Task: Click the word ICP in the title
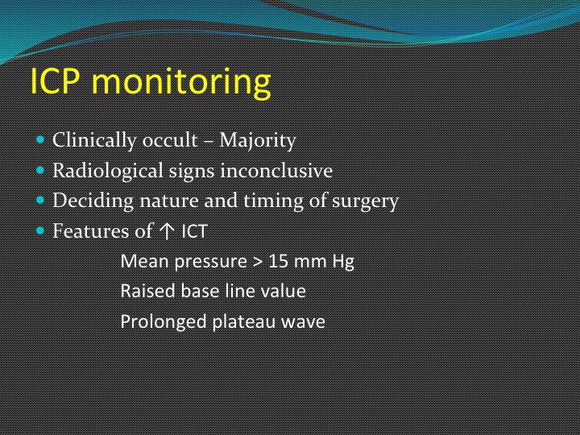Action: pos(55,81)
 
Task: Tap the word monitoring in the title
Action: pos(181,83)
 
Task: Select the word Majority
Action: pos(258,141)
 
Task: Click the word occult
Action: pos(170,140)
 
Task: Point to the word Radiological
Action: pos(108,171)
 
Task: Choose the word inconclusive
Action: pos(276,171)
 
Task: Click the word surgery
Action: pos(365,201)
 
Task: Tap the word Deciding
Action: pos(93,201)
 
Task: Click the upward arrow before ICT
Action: pos(167,231)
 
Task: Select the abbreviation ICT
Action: pos(195,231)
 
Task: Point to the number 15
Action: pos(278,262)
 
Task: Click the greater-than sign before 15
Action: pos(258,263)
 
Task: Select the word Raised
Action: pos(147,291)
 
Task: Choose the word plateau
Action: pos(244,321)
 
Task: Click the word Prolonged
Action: pos(164,322)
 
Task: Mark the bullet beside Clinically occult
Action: pos(40,140)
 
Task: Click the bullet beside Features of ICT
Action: pos(40,231)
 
